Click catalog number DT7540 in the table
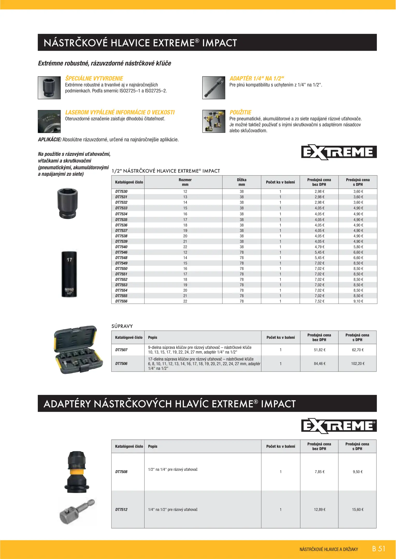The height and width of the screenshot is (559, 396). pos(121,247)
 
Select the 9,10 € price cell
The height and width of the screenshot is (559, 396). pos(358,301)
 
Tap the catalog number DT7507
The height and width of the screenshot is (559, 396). pos(121,350)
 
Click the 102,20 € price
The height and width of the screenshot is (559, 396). pos(358,364)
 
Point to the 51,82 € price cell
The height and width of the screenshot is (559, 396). pos(320,350)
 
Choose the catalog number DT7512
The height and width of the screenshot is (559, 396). pos(121,510)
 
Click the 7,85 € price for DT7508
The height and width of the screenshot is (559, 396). pos(320,472)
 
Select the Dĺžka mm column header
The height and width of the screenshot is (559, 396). pos(242,182)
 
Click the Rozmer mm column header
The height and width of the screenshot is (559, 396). pos(185,182)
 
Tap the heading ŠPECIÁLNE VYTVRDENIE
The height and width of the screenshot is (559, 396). pos(94,78)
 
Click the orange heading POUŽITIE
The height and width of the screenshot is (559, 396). pos(240,112)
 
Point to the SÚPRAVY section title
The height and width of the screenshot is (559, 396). pos(122,326)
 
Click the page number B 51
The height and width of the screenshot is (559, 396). pos(379,549)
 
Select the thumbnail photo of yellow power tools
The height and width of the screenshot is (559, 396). pos(214,121)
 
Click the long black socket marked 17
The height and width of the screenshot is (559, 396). pos(69,274)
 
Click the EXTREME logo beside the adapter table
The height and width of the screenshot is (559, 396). pos(339,426)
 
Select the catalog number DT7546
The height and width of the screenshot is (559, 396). pos(121,252)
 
